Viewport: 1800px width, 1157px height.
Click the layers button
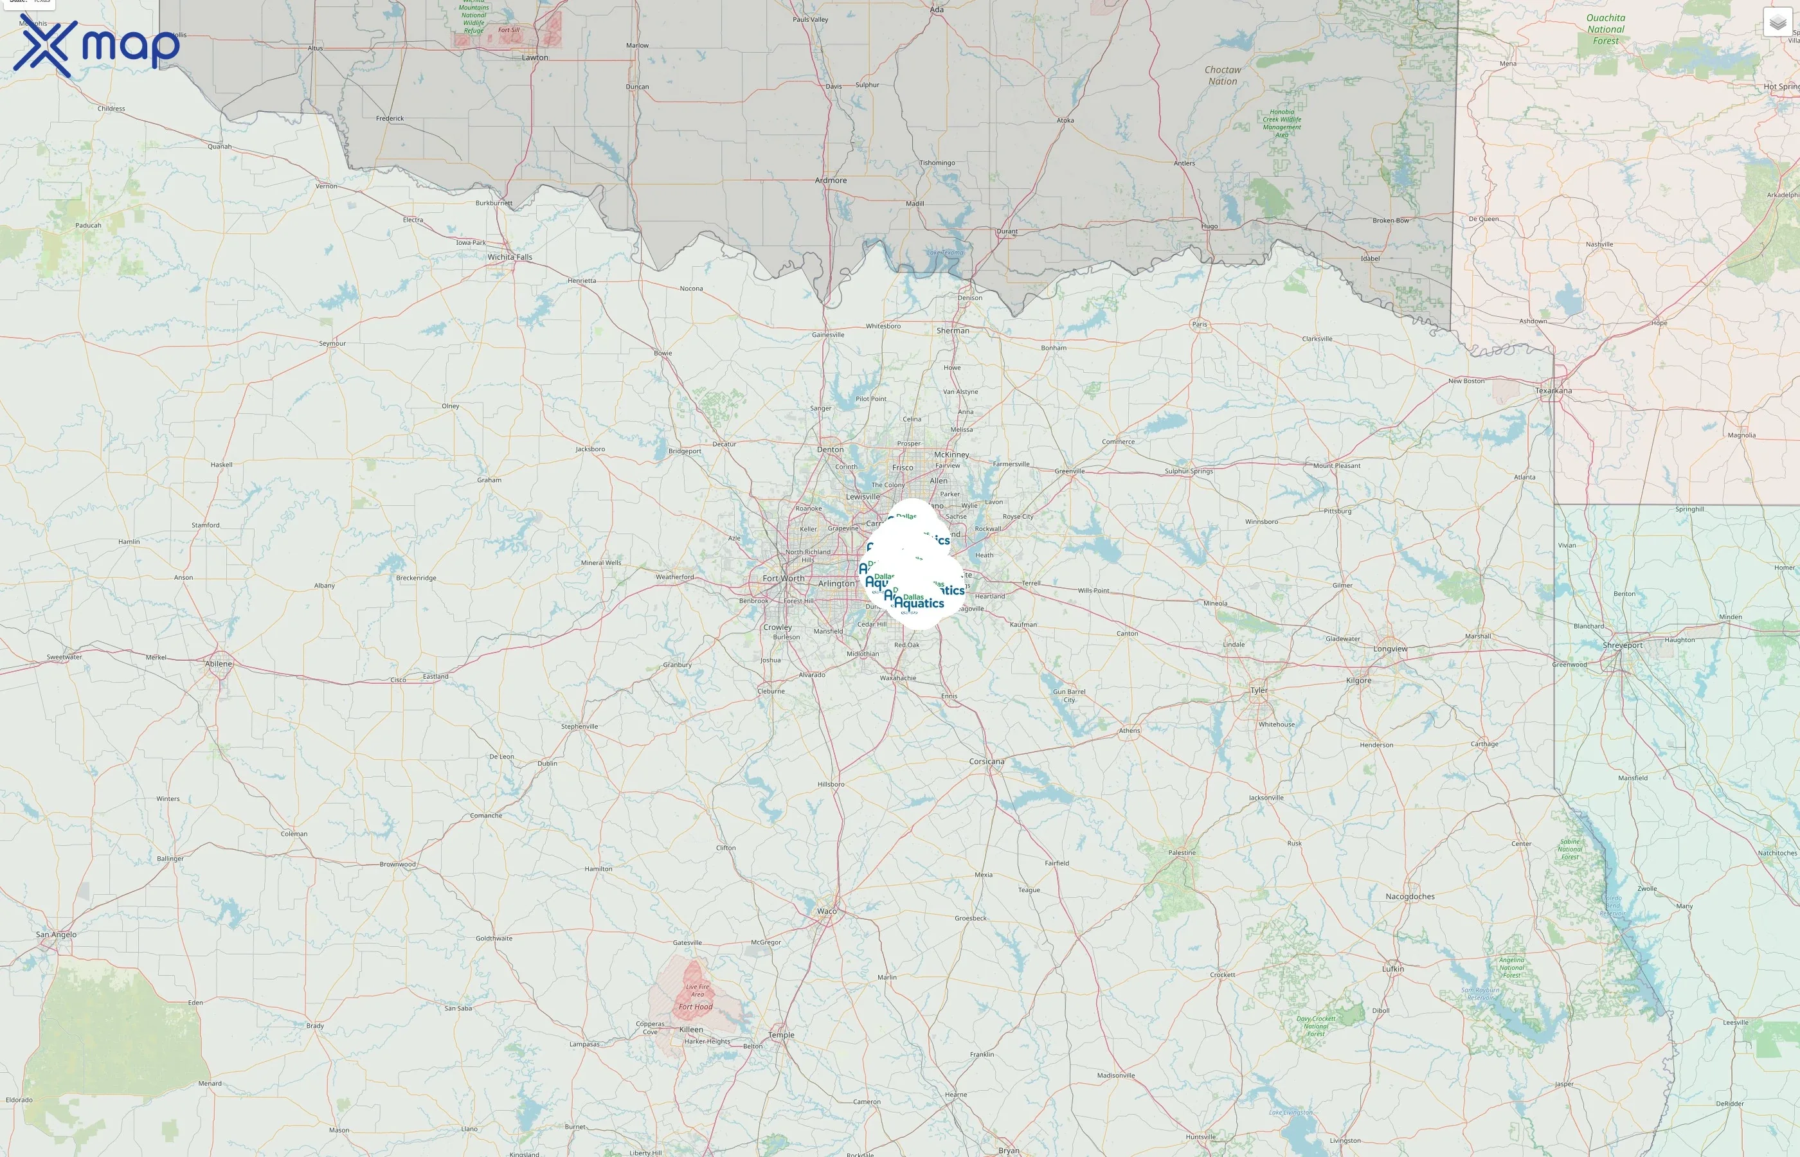coord(1777,22)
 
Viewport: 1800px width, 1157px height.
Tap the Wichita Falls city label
coord(509,257)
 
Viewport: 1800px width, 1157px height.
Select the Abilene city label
coord(219,664)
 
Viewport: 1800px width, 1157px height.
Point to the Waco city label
coord(826,911)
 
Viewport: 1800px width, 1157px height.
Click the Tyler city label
coord(1259,690)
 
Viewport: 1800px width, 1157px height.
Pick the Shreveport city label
coord(1623,645)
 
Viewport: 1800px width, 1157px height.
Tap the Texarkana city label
coord(1554,391)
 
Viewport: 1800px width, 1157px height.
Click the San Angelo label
coord(57,935)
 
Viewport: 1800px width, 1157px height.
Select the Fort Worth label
coord(784,578)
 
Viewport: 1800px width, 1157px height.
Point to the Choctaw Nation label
coord(1223,75)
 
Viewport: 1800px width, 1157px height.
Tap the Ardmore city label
coord(831,181)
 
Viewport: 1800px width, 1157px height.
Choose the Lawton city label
coord(535,58)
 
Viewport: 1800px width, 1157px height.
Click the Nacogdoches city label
coord(1410,896)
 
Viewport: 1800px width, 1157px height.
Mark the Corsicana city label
coord(986,761)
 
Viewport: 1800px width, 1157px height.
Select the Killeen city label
coord(691,1029)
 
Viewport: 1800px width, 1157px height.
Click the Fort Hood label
coord(696,1007)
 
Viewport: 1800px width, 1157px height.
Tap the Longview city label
coord(1390,649)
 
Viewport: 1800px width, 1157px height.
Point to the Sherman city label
coord(953,330)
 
